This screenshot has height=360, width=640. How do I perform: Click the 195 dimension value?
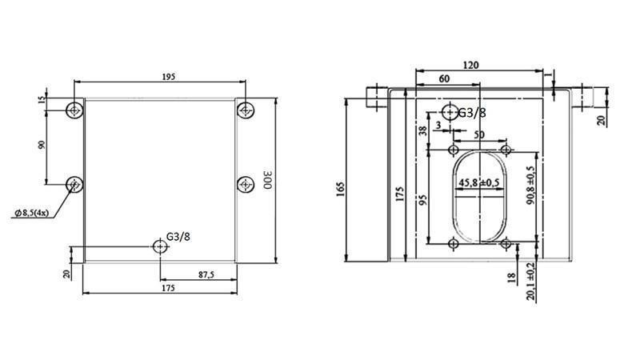[169, 77]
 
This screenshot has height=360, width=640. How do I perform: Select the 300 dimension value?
[267, 181]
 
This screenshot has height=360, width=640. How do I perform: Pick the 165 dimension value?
[341, 189]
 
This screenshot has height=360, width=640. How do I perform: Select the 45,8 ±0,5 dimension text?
[479, 183]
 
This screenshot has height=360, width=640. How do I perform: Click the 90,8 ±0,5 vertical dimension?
[529, 187]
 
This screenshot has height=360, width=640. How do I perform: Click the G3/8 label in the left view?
[178, 236]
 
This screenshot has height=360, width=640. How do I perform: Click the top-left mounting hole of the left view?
[74, 109]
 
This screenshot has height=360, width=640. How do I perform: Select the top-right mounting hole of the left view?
[245, 109]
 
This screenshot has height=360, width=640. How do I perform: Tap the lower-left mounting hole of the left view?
[74, 185]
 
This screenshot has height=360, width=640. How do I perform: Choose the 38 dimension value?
[423, 130]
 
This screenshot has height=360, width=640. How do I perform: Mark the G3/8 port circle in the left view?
[162, 246]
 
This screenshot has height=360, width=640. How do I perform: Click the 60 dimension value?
[443, 79]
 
